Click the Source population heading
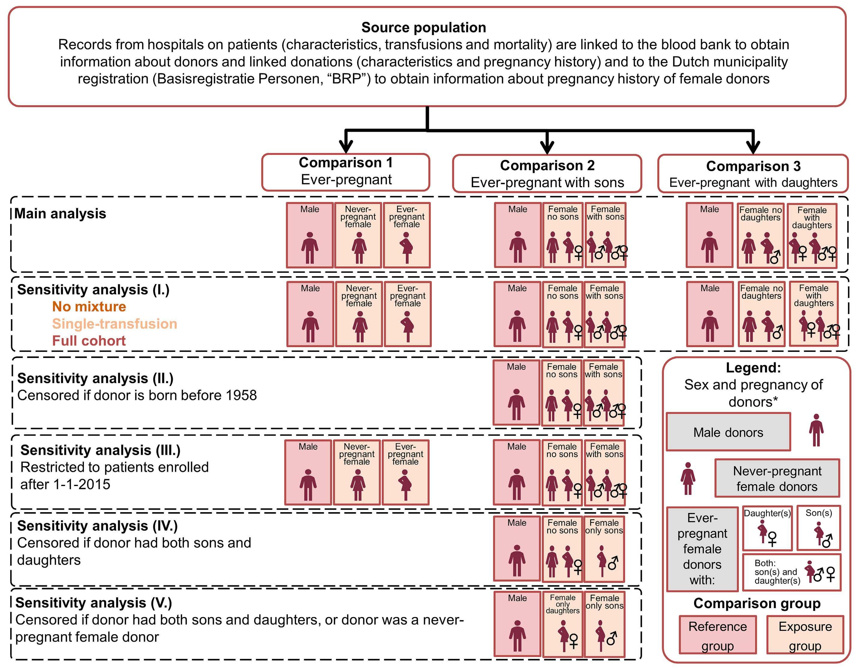424,28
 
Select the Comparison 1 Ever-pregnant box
346,172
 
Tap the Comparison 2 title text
547,166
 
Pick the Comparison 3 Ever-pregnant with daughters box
753,173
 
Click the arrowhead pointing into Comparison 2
547,148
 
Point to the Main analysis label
60,214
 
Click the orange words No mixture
89,307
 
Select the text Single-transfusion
115,323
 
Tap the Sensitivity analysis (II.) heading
96,378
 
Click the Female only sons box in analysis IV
604,549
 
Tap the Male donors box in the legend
728,432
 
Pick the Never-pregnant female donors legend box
777,478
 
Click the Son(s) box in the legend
819,528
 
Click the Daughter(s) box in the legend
767,528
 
